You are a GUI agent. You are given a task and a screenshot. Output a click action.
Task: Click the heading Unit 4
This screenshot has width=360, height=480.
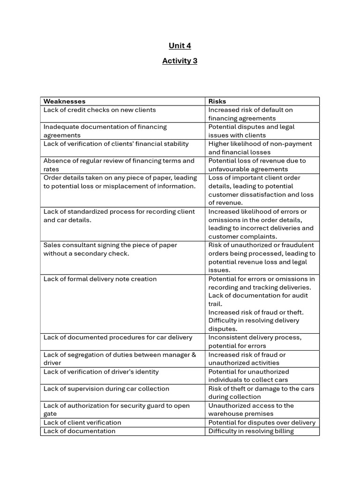(x=180, y=45)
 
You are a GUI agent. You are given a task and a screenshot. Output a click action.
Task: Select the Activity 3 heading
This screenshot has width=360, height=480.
(x=180, y=60)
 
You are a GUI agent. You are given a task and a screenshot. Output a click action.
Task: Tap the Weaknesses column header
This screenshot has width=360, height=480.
(x=65, y=101)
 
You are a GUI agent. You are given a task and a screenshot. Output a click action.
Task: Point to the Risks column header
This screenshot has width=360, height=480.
(x=217, y=101)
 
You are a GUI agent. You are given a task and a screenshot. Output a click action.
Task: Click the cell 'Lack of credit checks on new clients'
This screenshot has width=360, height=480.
(x=100, y=110)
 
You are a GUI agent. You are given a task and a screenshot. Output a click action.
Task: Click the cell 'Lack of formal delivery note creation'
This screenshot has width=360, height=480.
(x=100, y=279)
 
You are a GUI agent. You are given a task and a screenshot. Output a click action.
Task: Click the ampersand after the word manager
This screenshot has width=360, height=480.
(x=194, y=354)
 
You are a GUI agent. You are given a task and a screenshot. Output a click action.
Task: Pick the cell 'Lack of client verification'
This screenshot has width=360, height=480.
(x=82, y=422)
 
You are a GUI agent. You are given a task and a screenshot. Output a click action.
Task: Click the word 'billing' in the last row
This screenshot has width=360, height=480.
(x=283, y=431)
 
